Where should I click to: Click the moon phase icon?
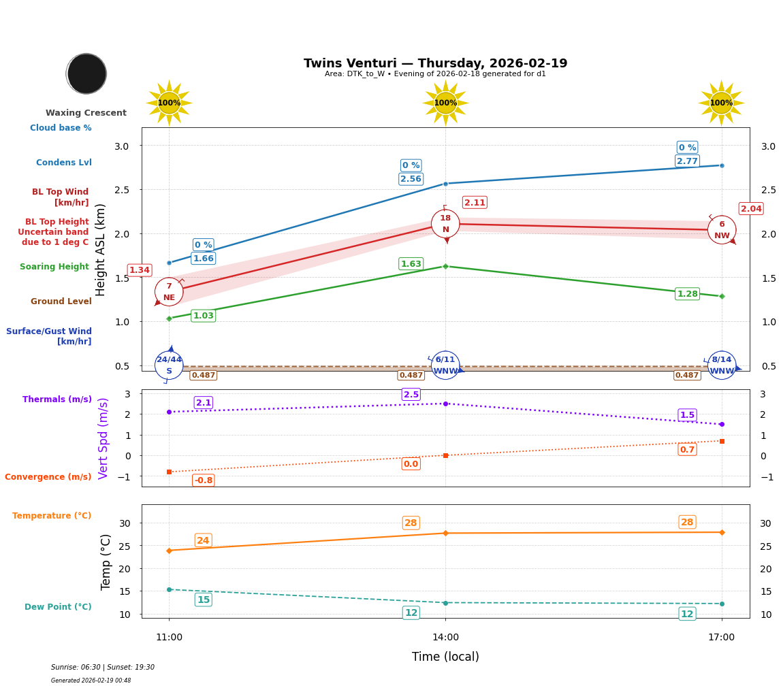click(86, 73)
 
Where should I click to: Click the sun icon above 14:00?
click(445, 103)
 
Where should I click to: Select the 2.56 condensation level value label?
click(411, 179)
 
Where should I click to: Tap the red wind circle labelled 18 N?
click(445, 224)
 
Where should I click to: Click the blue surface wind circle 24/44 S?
click(169, 365)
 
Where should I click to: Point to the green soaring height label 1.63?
click(411, 264)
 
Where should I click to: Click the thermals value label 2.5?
click(411, 395)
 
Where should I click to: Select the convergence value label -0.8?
click(203, 480)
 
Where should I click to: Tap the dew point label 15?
click(203, 600)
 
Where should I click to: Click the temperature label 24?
click(203, 540)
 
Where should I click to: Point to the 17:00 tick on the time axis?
click(721, 638)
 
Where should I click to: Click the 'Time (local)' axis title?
click(445, 657)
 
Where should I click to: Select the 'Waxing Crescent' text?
click(86, 113)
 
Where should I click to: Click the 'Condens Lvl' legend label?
click(64, 163)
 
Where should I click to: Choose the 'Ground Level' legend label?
click(61, 301)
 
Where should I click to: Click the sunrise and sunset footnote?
click(103, 668)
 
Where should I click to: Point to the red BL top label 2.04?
click(751, 209)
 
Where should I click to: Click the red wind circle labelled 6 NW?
click(722, 230)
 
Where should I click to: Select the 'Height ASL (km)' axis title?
click(101, 250)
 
